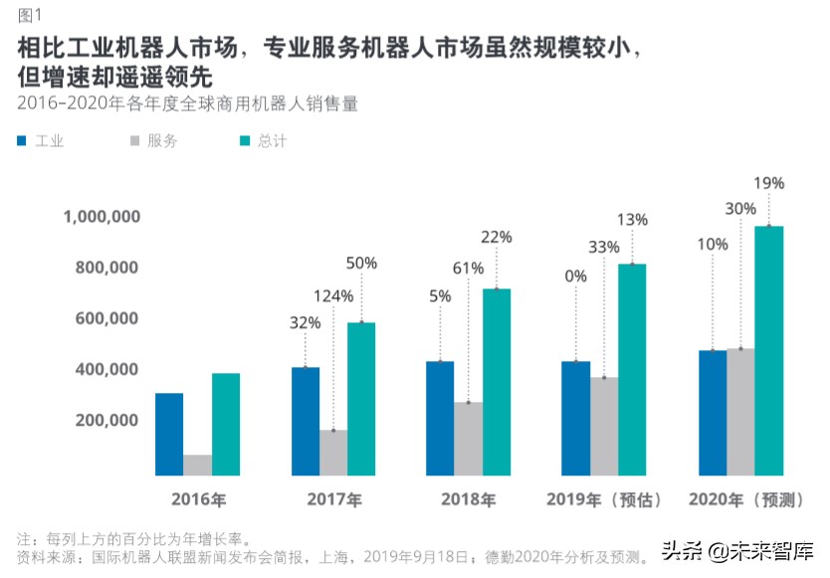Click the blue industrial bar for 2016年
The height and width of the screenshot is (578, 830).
click(x=169, y=435)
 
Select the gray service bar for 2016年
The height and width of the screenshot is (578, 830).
click(x=197, y=466)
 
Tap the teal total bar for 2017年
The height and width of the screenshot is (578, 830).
click(x=361, y=399)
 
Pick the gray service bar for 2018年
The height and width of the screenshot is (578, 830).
click(x=468, y=439)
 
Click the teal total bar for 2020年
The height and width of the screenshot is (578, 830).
click(x=768, y=351)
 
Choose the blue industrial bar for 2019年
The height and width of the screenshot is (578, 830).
click(x=575, y=419)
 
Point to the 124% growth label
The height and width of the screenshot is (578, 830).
click(x=333, y=295)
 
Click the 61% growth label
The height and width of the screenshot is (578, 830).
click(x=468, y=269)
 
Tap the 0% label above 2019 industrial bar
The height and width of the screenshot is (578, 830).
click(x=575, y=277)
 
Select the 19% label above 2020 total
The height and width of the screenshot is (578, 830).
click(x=768, y=183)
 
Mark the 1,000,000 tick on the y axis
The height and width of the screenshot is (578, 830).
click(x=101, y=217)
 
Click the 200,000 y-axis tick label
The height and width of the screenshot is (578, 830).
click(x=107, y=420)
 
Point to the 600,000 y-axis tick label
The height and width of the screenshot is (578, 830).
click(x=107, y=318)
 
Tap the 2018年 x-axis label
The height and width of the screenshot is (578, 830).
click(x=468, y=499)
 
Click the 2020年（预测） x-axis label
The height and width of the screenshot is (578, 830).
click(x=742, y=499)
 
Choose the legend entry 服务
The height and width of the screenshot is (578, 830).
click(x=162, y=141)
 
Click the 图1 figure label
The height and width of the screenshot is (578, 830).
click(x=30, y=14)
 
